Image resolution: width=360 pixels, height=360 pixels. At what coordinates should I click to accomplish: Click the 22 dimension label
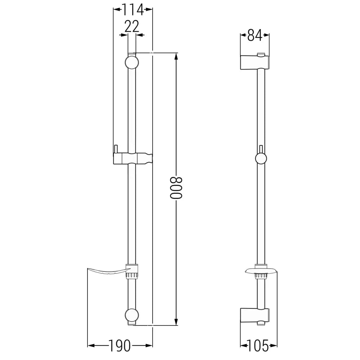[132, 27]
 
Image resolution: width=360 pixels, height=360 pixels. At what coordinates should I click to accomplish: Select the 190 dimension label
[120, 346]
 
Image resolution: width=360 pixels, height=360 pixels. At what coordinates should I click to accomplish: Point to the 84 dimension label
[255, 35]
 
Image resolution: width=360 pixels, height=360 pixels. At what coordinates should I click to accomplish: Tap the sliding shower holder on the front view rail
[132, 158]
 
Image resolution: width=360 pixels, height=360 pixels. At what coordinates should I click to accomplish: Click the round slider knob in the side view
[261, 159]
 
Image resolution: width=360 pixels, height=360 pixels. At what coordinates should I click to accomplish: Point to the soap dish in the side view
[261, 270]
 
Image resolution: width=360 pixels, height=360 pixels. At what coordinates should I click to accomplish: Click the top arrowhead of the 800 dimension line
[176, 56]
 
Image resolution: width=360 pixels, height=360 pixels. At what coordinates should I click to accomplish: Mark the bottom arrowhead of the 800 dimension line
[176, 323]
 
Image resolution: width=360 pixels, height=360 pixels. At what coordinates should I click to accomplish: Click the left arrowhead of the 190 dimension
[91, 346]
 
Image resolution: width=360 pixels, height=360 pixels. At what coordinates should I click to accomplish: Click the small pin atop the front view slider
[116, 148]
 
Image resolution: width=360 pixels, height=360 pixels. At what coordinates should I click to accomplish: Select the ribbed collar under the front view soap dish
[132, 276]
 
